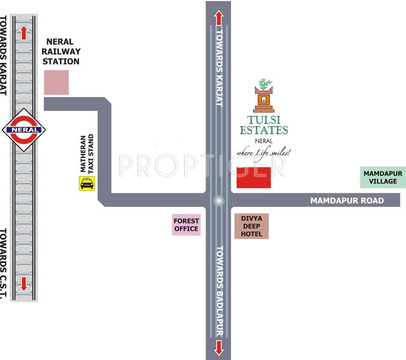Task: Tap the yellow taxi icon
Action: click(87, 183)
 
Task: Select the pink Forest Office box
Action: click(186, 225)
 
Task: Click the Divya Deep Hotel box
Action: click(251, 226)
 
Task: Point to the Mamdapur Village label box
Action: click(383, 177)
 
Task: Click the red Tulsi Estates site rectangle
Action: click(254, 177)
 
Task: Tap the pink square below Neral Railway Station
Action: click(56, 82)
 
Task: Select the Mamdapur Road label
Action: click(347, 201)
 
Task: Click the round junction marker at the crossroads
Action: click(218, 201)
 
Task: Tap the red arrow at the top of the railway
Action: click(23, 32)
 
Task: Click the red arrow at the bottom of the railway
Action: click(23, 283)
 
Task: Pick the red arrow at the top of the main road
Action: click(218, 18)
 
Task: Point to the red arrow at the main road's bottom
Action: click(218, 347)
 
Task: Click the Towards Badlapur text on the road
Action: click(219, 290)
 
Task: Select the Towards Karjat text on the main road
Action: click(219, 68)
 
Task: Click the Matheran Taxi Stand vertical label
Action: click(87, 154)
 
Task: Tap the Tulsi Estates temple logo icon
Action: click(264, 95)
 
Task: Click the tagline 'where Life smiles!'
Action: click(264, 152)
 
